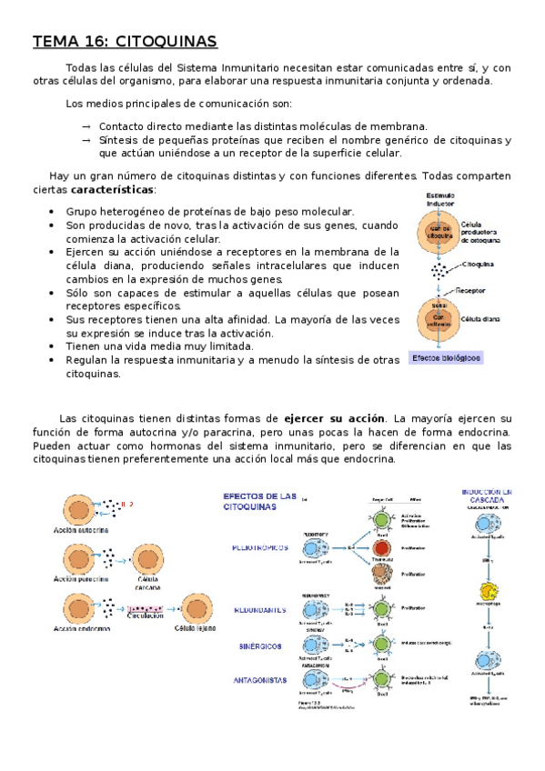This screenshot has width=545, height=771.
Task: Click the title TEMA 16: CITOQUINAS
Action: [x=125, y=41]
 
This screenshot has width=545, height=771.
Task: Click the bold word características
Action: [x=112, y=190]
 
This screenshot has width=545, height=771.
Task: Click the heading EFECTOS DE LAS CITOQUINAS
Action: [x=260, y=501]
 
